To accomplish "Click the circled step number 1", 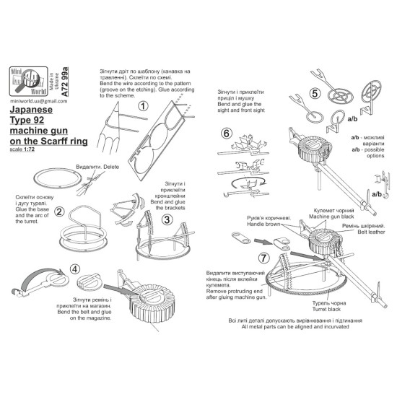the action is pos(143,106).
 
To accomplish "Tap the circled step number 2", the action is pos(59,211).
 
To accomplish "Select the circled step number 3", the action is pos(167,219).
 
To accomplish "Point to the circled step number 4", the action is pos(74,269).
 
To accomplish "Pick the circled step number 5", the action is pos(315,93).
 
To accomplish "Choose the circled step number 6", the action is pos(227,134).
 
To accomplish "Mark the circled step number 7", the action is pos(263,258).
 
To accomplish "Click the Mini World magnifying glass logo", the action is pos(29,82).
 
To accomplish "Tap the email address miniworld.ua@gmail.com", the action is pos(39,101).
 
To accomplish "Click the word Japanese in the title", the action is pos(31,110).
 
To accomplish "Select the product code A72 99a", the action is pos(65,82).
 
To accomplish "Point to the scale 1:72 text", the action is pos(22,149).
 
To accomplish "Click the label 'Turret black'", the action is pos(326,309).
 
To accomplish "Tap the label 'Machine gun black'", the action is pos(331,217).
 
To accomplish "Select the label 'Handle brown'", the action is pos(263,224).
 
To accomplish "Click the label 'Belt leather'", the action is pos(371,232).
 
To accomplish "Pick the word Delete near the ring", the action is pos(111,167).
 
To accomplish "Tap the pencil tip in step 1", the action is pos(118,102).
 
